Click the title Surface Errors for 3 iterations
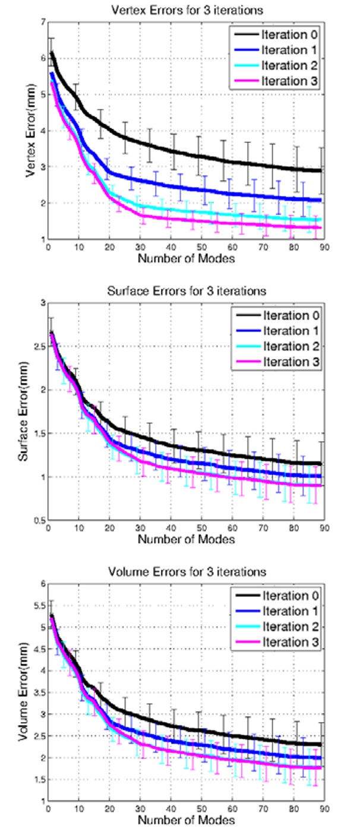click(185, 291)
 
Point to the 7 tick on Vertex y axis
click(41, 22)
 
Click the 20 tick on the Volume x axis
click(109, 809)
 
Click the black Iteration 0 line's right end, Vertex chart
click(321, 170)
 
